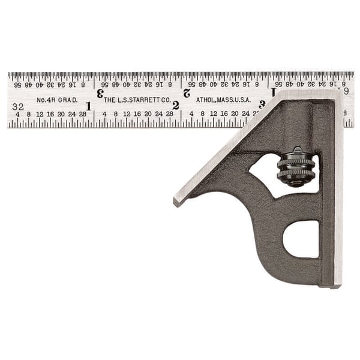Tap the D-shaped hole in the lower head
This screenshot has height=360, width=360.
301,239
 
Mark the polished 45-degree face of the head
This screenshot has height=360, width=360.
228,150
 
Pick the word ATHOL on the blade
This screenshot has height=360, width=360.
205,100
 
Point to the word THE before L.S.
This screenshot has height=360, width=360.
110,100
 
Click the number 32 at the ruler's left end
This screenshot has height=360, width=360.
17,106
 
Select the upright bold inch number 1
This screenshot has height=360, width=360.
88,106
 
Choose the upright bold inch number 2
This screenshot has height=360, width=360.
176,106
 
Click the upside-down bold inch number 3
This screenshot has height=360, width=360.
100,93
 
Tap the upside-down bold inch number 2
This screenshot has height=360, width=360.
187,93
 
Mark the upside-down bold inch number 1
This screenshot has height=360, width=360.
273,92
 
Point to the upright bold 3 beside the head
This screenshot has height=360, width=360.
262,104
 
